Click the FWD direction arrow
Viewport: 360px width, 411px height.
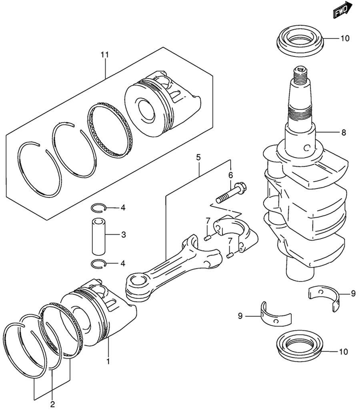tap(342, 10)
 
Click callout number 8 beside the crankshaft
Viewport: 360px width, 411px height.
tap(343, 132)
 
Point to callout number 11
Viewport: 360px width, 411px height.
tap(104, 55)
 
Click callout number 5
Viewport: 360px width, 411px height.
tap(198, 158)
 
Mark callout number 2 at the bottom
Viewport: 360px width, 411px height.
tap(52, 404)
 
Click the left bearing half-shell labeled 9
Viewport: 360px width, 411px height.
tap(275, 315)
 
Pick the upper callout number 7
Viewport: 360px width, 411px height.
tap(208, 221)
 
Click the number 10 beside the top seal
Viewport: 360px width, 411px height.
tap(345, 39)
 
